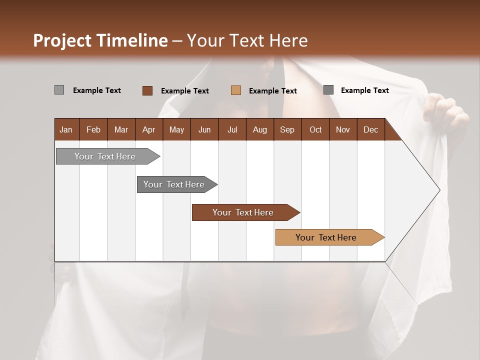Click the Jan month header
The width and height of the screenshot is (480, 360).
(66, 129)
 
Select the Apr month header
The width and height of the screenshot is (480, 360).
(148, 129)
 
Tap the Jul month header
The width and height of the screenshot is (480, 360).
(232, 129)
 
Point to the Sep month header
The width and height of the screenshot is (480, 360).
(287, 129)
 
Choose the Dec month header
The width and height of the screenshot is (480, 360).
(370, 129)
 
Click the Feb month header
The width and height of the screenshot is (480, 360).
(93, 129)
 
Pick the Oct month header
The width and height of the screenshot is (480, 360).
(315, 129)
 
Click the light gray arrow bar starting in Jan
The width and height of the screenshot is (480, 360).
(105, 156)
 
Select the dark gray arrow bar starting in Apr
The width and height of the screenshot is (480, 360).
(174, 184)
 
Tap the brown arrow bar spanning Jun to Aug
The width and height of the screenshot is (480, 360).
(243, 212)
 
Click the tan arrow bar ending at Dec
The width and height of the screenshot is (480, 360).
(326, 237)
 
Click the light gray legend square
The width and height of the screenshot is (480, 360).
(59, 90)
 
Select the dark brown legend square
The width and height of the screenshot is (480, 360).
(147, 90)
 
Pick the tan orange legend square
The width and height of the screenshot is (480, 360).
(235, 90)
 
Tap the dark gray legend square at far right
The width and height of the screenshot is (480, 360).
(328, 90)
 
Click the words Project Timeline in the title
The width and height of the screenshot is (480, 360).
(100, 40)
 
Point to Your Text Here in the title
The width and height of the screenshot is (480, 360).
(247, 40)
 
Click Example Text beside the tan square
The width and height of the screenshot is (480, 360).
(272, 91)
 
